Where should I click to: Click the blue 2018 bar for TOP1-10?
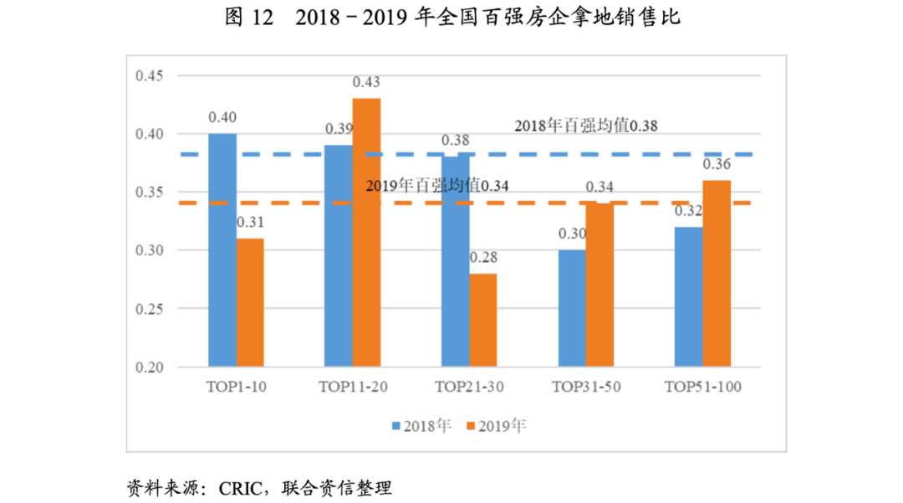tap(222, 250)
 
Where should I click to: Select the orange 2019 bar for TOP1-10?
tap(250, 303)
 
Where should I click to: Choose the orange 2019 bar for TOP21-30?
tap(482, 321)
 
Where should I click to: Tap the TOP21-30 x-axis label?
tap(469, 388)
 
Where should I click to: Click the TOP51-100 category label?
tap(702, 388)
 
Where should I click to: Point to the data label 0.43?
tap(366, 82)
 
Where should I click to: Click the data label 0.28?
tap(483, 258)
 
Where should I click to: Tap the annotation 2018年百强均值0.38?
tap(585, 126)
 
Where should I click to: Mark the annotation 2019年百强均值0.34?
tap(437, 185)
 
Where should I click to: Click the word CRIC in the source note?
tap(237, 487)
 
